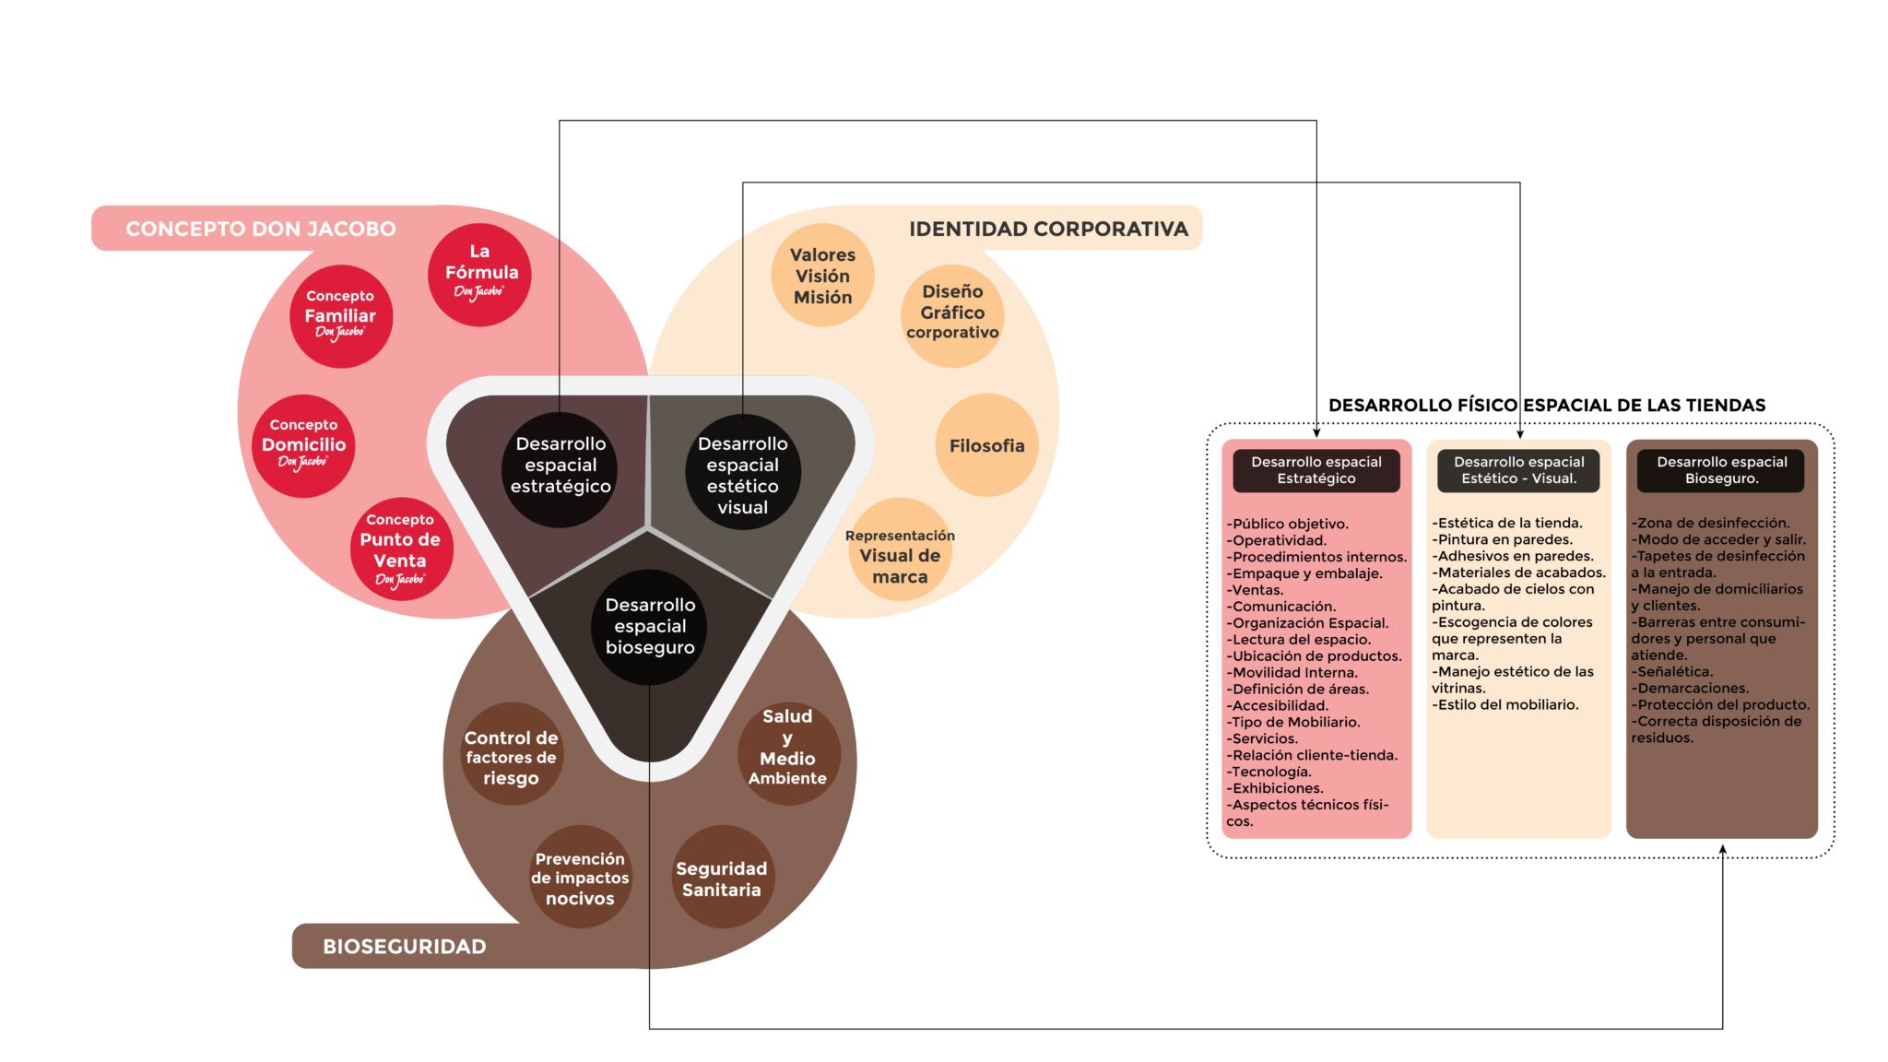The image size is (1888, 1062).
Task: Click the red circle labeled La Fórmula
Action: pos(479,274)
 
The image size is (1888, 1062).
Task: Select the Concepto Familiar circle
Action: pos(340,316)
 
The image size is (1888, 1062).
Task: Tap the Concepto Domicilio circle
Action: pos(303,445)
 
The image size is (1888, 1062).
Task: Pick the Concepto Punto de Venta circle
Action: pos(400,549)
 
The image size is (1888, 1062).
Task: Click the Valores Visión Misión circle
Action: pos(822,275)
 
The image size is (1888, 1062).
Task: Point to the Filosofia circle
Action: pos(986,445)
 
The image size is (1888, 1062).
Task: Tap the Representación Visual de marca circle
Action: pos(900,551)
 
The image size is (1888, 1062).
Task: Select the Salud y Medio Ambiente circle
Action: pos(787,752)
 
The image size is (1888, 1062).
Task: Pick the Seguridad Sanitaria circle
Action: pos(722,878)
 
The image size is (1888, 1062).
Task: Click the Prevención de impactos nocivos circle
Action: pos(580,878)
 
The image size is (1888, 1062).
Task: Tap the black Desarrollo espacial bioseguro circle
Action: pos(650,626)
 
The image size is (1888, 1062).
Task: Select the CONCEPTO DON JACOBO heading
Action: pos(261,229)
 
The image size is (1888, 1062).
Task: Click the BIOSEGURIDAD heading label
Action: pos(404,946)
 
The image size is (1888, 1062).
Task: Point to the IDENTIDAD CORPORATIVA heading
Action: pos(1048,229)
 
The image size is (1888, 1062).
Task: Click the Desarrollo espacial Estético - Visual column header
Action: pos(1518,470)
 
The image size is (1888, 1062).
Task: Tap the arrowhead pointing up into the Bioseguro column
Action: pos(1722,850)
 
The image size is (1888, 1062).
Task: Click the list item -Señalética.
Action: pos(1673,672)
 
